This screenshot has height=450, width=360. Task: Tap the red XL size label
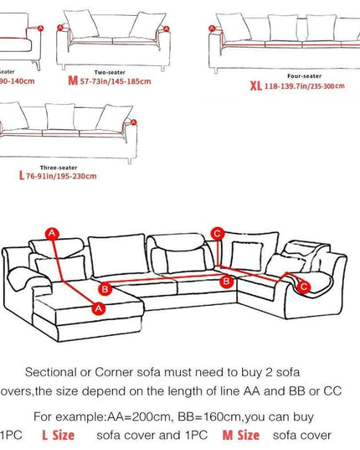coord(255,85)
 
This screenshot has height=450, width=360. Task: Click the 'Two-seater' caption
coord(111,71)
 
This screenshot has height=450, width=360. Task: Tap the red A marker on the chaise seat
coord(98,308)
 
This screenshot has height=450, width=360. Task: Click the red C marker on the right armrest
coord(304,287)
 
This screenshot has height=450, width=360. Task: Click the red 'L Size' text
coord(58,435)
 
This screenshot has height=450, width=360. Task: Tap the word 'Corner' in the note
coord(116,371)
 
